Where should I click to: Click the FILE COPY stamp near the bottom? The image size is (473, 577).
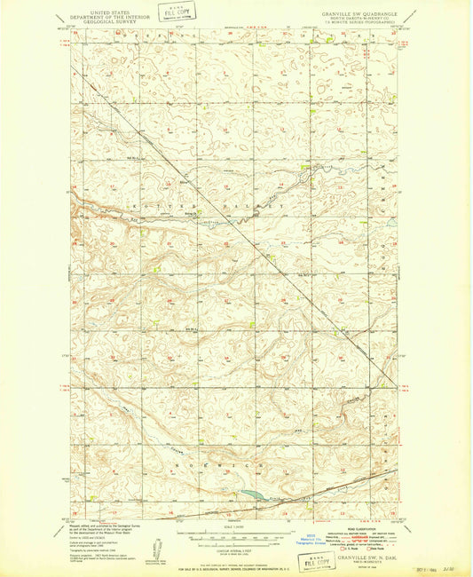tap(317, 561)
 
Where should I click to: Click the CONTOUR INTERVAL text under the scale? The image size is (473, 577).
tap(235, 544)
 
